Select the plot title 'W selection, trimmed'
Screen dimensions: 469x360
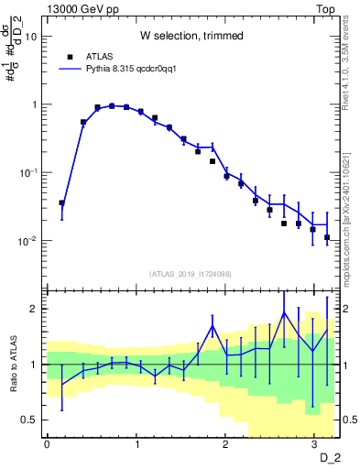point(191,36)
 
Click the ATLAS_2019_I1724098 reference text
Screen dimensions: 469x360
point(191,274)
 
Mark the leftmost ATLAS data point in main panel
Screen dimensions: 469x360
point(61,203)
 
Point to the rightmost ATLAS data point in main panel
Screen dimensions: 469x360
point(327,237)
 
